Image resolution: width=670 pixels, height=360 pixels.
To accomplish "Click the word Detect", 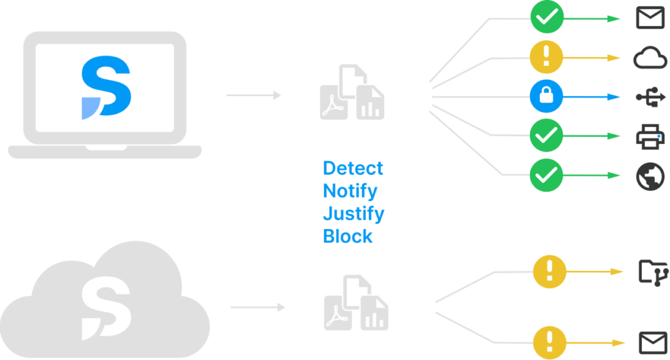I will pos(353,168).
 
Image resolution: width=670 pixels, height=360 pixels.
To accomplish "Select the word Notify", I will pos(350,191).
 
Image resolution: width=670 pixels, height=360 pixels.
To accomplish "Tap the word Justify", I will pos(353,214).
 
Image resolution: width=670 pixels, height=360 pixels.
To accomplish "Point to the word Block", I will pos(347,236).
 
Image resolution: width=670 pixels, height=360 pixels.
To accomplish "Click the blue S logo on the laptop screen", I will pos(106,88).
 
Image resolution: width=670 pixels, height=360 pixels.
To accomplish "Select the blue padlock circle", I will pos(546,97).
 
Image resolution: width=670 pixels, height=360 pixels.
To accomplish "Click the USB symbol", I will pos(650,97).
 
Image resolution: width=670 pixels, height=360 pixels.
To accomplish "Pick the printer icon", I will pos(650,136).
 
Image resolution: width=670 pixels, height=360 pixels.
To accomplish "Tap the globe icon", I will pos(650,175).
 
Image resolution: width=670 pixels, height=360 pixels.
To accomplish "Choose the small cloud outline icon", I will pos(650,58).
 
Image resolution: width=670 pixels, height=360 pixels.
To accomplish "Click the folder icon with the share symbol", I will pos(650,271).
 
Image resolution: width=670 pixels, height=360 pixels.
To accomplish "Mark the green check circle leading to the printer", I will pos(546,136).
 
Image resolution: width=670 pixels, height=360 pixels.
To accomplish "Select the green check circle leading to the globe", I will pos(546,175).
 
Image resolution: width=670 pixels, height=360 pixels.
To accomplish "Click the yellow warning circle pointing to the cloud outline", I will pos(546,58).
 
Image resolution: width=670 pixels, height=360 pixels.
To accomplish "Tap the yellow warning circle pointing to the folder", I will pos(550,271).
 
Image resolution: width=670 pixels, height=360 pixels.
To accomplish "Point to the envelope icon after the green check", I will pos(650,18).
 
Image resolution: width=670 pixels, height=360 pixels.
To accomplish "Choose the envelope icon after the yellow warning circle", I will pos(650,342).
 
